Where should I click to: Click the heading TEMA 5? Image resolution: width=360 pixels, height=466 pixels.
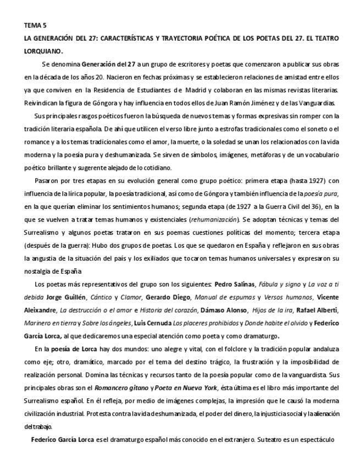point(35,25)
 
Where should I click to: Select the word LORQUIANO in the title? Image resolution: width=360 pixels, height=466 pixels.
point(43,51)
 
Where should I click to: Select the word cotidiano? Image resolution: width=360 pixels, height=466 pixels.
point(156,168)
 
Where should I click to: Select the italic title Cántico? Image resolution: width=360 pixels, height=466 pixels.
point(101,297)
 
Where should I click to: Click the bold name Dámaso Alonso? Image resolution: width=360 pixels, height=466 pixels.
point(224,310)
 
